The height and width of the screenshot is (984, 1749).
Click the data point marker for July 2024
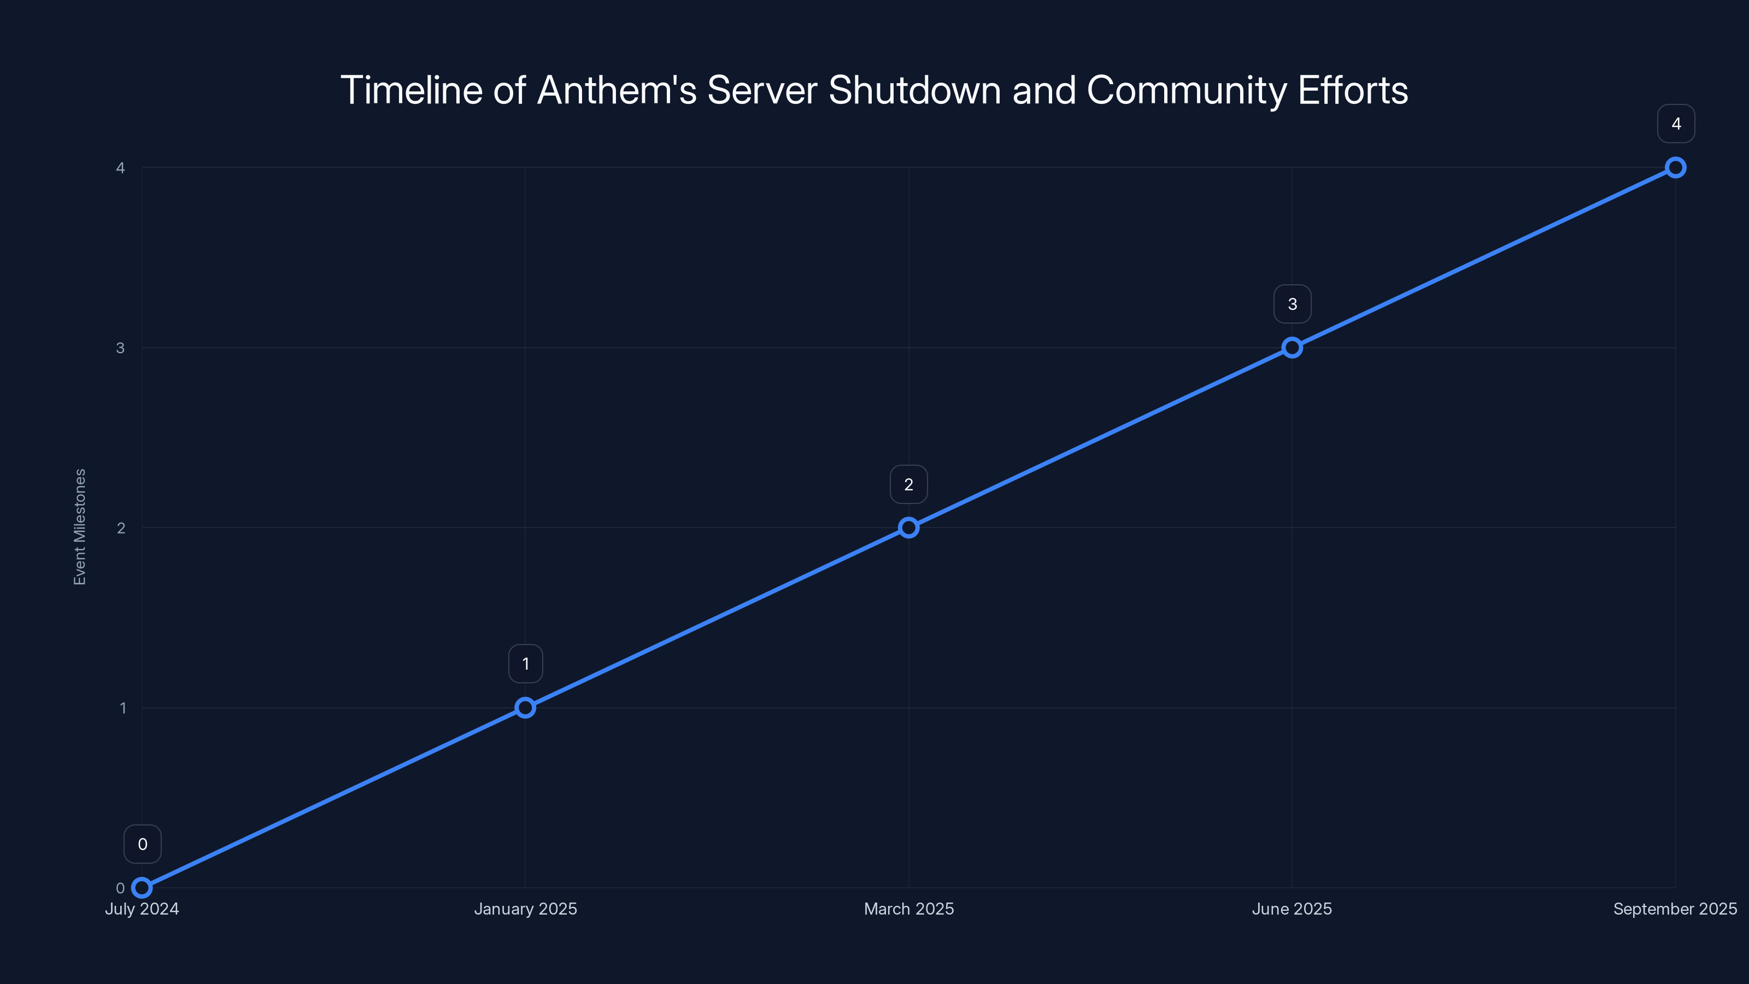tap(142, 888)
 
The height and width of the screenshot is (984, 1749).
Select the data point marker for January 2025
tap(525, 707)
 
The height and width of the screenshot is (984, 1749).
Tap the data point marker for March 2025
tap(908, 528)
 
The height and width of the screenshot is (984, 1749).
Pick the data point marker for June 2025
tap(1292, 348)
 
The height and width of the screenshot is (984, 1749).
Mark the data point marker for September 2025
tap(1675, 168)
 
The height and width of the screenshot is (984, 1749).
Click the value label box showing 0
tap(143, 844)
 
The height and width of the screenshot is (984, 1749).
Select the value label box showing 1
tap(525, 664)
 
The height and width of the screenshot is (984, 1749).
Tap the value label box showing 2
tap(908, 484)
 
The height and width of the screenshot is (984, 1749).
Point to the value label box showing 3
tap(1292, 304)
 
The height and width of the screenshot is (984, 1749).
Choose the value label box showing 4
tap(1676, 124)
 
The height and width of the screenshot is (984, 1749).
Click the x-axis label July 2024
tap(142, 909)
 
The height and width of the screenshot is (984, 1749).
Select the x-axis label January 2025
tap(525, 909)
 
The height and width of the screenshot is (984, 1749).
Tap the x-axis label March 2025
tap(908, 909)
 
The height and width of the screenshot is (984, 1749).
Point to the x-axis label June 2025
tap(1292, 909)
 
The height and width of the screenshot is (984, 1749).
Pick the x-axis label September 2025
tap(1674, 909)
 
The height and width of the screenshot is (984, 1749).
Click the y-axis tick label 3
tap(120, 348)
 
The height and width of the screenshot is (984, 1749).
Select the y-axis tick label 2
tap(121, 528)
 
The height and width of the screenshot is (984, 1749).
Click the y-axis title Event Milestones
tap(80, 526)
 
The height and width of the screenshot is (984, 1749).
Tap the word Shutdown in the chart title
tap(914, 90)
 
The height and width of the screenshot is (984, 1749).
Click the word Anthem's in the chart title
tap(617, 90)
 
